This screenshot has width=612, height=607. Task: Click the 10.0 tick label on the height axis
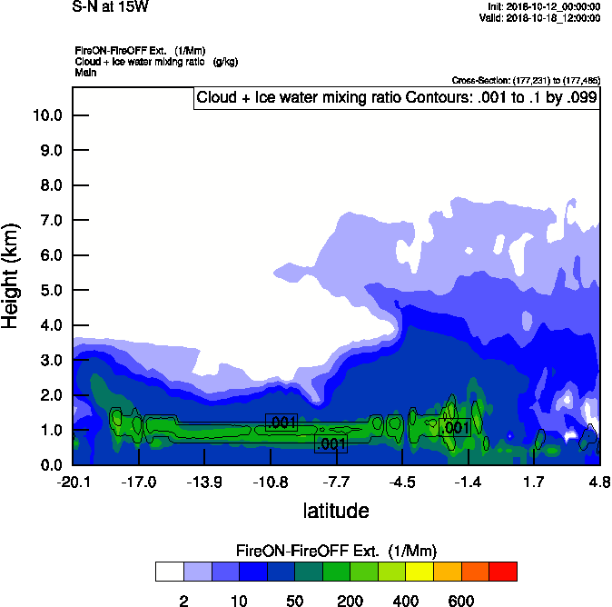(46, 115)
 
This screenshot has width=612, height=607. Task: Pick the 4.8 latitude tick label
(598, 481)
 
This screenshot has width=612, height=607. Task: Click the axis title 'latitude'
(335, 511)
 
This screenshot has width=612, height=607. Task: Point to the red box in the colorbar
(503, 571)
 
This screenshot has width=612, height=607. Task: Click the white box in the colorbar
(169, 571)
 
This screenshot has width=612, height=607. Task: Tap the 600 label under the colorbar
(461, 601)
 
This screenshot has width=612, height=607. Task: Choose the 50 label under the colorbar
(294, 601)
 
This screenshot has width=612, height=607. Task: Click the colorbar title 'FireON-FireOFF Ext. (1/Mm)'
(337, 551)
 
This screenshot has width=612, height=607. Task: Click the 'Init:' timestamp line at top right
(542, 6)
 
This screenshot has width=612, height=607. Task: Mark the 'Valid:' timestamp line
(539, 17)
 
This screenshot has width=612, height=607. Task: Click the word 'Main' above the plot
(85, 72)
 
